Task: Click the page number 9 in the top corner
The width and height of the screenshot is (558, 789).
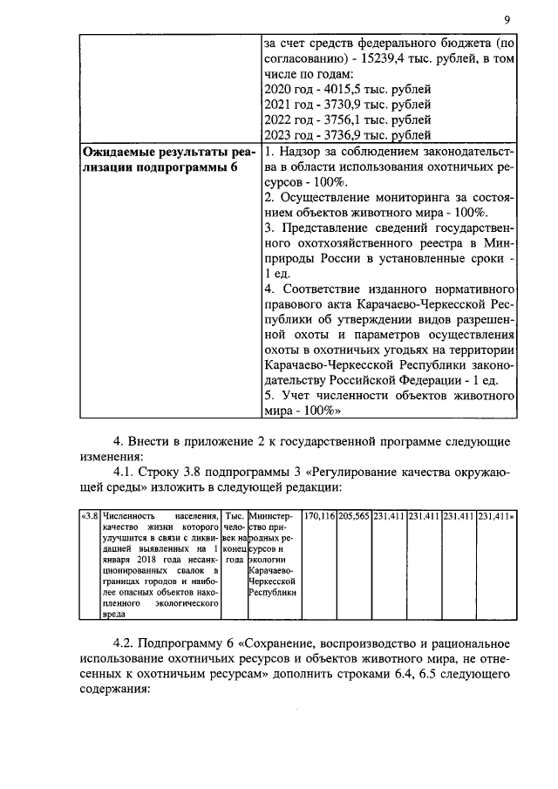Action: (x=507, y=21)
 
